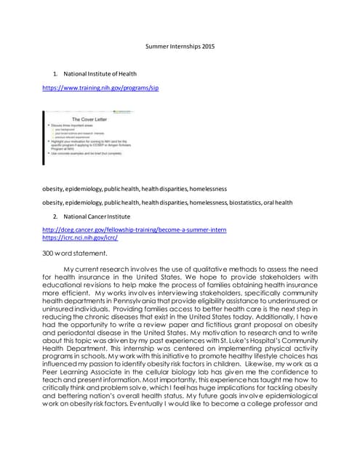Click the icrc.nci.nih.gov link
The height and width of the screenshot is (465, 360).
(x=80, y=238)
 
